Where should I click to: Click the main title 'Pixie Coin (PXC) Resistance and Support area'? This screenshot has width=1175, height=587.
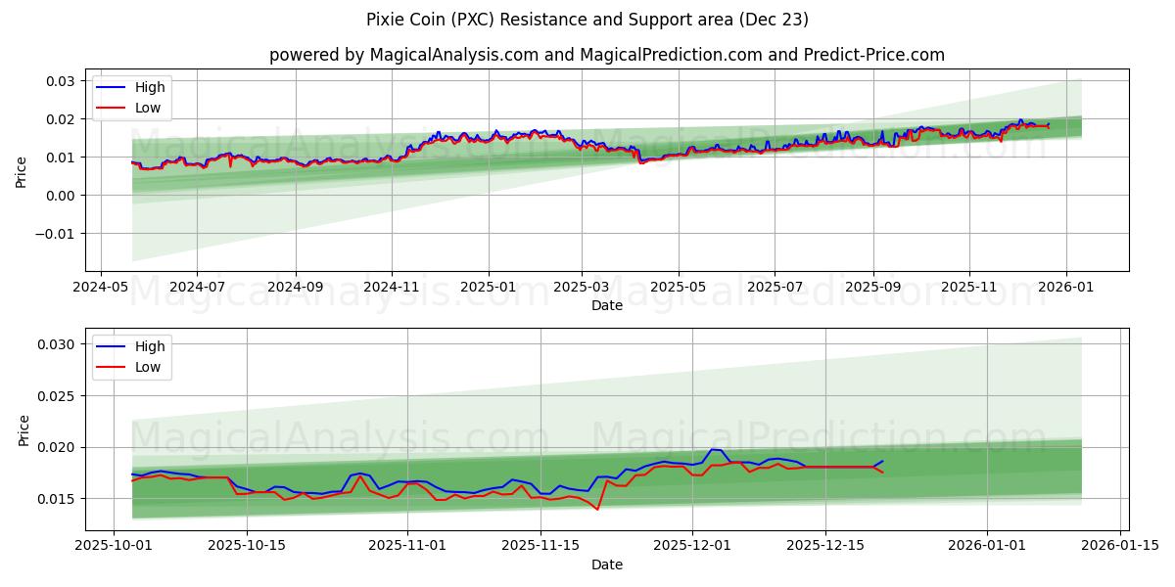tap(587, 20)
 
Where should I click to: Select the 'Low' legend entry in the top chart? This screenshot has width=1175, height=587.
tap(148, 109)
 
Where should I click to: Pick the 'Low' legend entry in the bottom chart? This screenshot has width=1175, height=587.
tap(148, 367)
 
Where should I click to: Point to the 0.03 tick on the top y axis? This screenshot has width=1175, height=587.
tap(61, 80)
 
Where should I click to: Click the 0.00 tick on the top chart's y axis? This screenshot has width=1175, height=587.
tap(61, 196)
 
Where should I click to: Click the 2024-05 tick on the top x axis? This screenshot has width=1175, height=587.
tap(102, 288)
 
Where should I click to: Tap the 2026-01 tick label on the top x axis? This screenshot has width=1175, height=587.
tap(1065, 288)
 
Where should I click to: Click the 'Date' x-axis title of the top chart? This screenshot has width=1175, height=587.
tap(606, 306)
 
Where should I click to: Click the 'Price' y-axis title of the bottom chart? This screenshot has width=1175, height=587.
tap(23, 429)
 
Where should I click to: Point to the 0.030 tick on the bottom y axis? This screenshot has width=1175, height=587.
tap(57, 344)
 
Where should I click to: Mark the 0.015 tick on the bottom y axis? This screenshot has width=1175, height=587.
tap(57, 499)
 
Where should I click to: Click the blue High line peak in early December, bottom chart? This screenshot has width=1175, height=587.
tap(715, 450)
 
